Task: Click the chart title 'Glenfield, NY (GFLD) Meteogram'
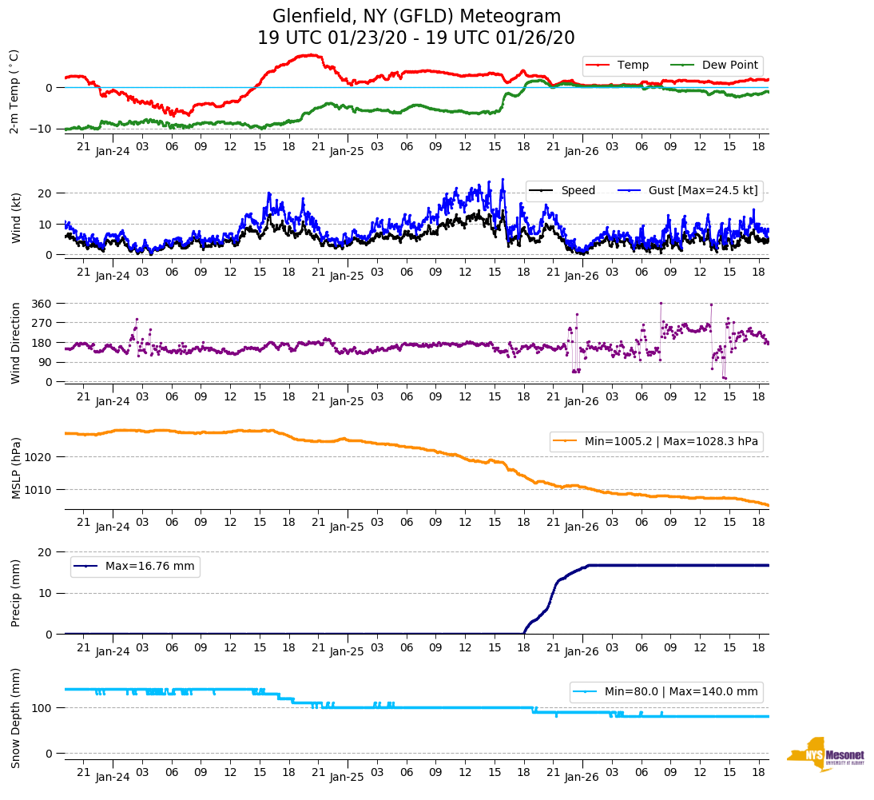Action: (416, 17)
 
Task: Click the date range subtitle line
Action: (416, 38)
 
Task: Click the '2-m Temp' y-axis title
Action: (14, 91)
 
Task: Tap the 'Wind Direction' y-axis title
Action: (15, 343)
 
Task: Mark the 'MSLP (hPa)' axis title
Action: (15, 468)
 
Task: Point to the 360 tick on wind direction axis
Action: (42, 304)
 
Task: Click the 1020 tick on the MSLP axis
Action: (40, 457)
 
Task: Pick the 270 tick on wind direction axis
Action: (42, 324)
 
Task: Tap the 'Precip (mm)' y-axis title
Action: (15, 593)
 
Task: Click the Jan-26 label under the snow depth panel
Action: (582, 777)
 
